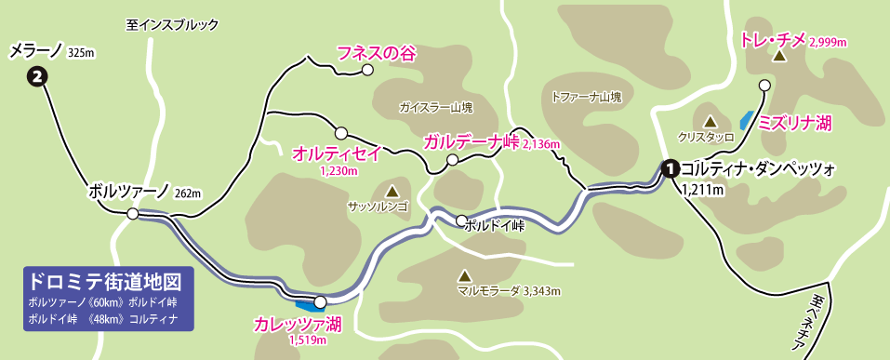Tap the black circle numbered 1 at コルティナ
669,168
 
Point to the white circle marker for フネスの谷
367,69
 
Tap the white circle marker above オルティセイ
341,133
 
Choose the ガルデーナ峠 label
471,142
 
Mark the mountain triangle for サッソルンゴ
378,189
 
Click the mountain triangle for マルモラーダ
464,275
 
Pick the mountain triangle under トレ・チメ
779,57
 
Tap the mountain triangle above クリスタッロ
710,121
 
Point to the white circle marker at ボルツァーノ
133,214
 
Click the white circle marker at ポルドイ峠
461,220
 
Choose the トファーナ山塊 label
585,96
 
